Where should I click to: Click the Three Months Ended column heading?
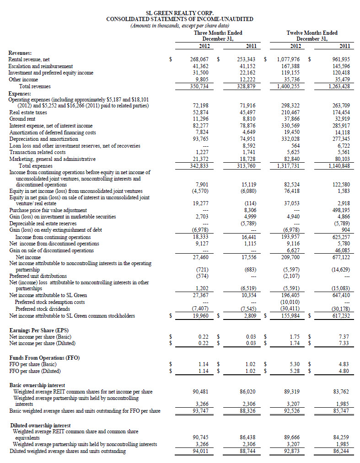click(218, 33)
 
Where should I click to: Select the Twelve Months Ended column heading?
click(312, 33)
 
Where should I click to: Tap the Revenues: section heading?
click(20, 53)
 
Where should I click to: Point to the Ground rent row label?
click(22, 119)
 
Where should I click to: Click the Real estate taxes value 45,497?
click(247, 112)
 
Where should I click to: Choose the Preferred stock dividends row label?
click(42, 309)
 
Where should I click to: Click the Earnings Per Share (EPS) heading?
click(40, 330)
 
